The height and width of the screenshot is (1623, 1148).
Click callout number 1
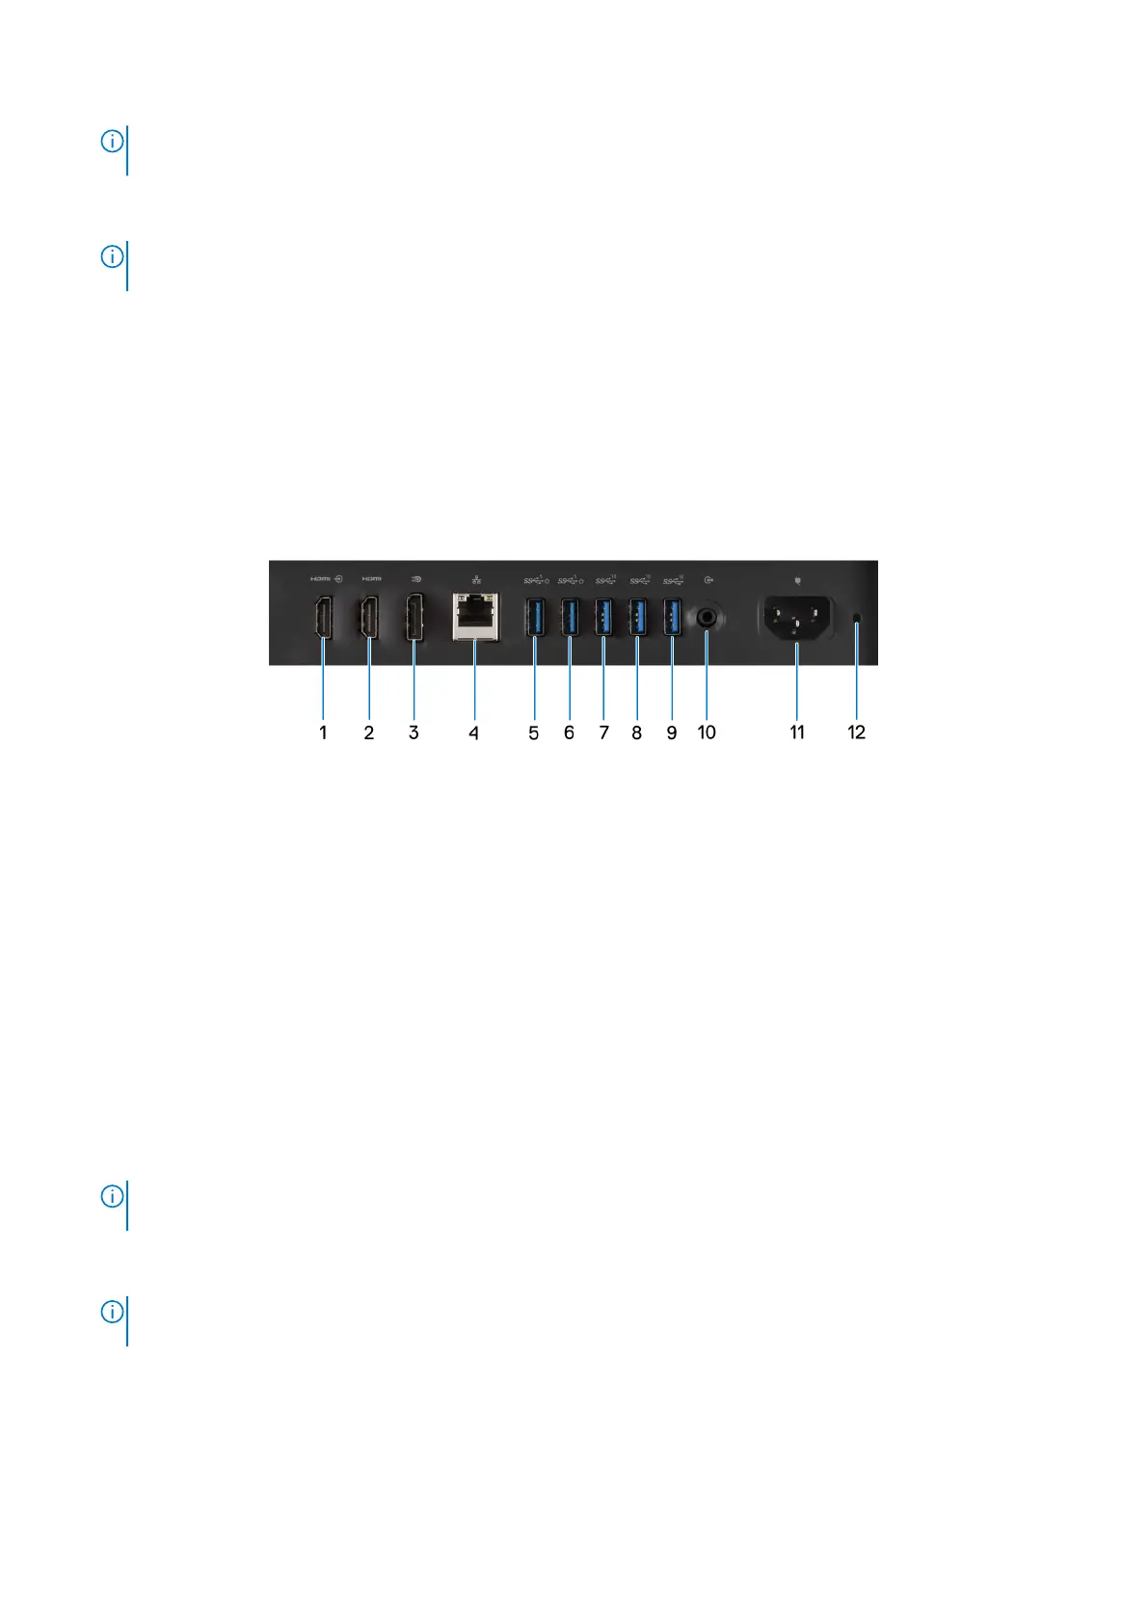(323, 732)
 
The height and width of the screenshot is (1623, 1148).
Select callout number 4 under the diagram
(473, 732)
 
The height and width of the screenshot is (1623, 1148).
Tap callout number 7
(604, 732)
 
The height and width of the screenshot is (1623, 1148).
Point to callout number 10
(707, 732)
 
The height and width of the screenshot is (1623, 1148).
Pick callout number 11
(797, 732)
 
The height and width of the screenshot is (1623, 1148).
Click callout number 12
(857, 732)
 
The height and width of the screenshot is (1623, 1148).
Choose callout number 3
(414, 732)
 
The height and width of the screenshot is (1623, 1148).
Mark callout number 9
(672, 732)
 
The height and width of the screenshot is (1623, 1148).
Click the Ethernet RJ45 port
(475, 617)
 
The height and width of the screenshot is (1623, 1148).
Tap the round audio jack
(709, 616)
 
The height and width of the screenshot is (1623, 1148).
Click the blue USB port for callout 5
(535, 617)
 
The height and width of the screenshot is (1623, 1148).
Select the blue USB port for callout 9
(673, 617)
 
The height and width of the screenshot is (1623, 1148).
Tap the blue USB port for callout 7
(604, 617)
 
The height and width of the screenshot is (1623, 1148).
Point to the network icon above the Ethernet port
(476, 579)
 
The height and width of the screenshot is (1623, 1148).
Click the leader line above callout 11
(797, 684)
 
